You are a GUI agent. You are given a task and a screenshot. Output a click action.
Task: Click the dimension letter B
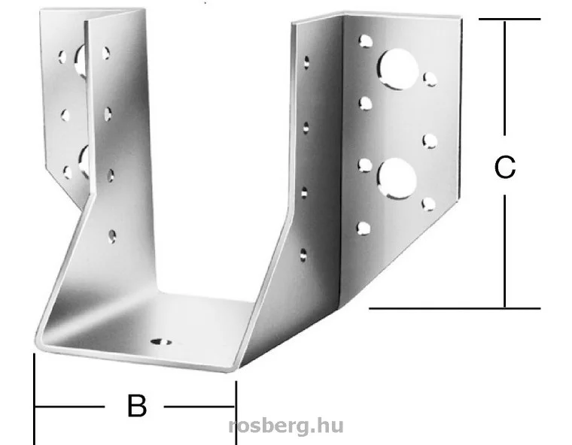point(137,405)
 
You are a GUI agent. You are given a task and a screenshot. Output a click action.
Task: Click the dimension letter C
point(505,167)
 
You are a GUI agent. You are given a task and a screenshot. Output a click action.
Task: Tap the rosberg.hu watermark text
point(286,425)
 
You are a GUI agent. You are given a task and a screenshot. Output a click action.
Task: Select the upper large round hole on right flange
point(397,70)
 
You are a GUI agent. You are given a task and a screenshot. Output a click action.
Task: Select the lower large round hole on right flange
point(397,179)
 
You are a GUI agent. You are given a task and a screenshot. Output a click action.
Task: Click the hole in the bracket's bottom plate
point(161,342)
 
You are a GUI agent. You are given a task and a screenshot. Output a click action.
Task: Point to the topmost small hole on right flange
point(365,41)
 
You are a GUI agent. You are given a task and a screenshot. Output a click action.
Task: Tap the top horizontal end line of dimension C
point(510,19)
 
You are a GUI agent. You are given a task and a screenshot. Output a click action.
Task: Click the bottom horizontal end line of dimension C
point(455,308)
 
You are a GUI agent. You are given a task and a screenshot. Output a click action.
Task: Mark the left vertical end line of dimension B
point(35,398)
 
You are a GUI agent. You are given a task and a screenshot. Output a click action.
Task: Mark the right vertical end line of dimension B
point(236,413)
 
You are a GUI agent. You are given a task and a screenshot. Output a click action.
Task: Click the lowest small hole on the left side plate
point(113,236)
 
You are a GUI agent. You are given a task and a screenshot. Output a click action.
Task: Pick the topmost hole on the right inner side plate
point(306,62)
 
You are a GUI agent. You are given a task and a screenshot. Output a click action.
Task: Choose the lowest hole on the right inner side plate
point(303,255)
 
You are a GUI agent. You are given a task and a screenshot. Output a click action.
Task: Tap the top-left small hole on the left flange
point(62,57)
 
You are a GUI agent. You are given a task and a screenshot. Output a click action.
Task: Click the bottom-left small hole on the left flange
point(68,172)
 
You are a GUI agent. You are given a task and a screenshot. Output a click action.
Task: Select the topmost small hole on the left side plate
point(106,53)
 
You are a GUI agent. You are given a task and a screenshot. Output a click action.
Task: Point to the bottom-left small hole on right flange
point(364,229)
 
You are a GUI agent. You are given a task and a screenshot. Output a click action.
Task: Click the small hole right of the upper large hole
point(430,79)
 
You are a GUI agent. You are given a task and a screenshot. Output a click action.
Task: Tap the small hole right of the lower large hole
point(429,204)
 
